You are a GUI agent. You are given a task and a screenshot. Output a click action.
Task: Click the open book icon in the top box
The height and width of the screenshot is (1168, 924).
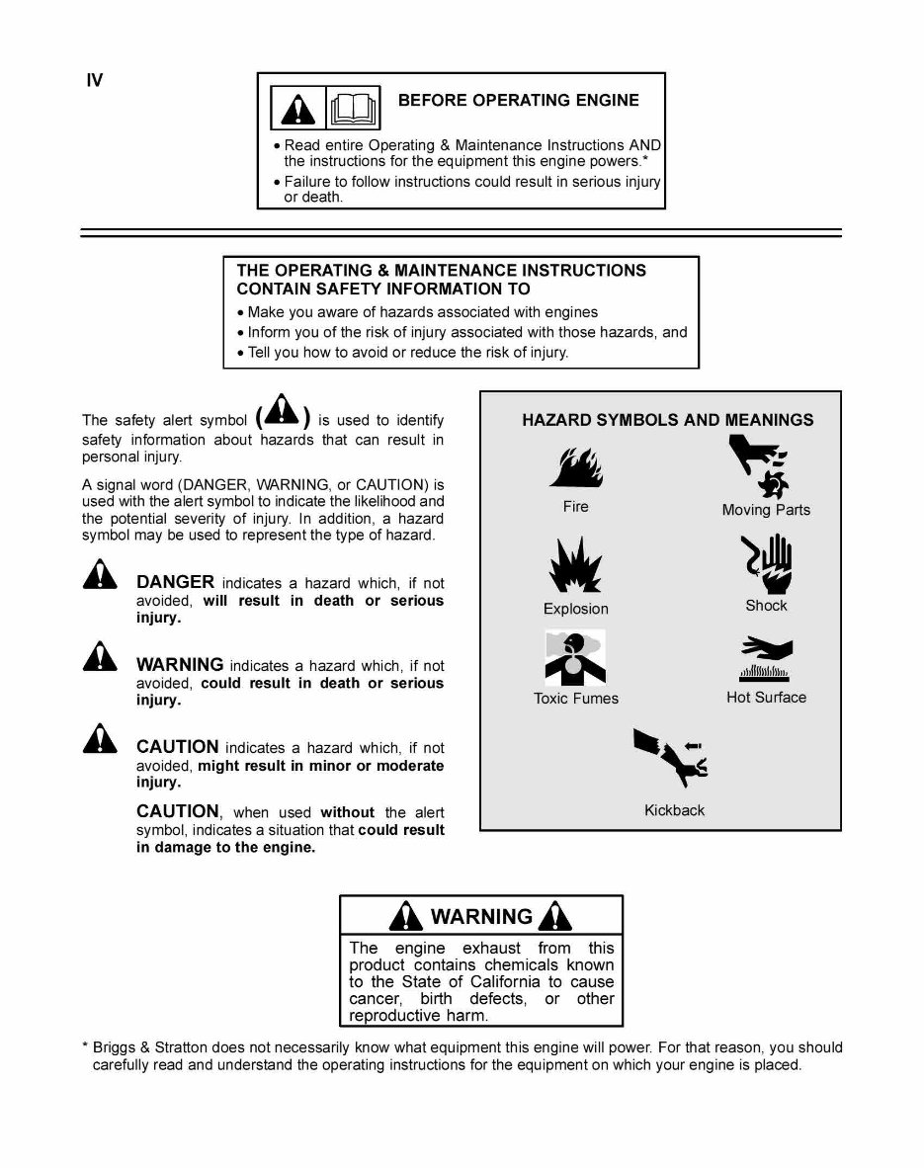point(354,106)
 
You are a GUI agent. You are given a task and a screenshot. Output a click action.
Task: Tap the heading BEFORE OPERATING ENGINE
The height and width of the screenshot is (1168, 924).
point(518,100)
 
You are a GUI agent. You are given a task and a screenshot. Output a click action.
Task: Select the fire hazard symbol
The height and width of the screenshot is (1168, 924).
point(575,467)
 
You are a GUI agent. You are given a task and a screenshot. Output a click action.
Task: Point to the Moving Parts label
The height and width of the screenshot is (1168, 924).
point(766,510)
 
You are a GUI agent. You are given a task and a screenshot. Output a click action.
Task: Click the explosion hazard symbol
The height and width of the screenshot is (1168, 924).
point(575,566)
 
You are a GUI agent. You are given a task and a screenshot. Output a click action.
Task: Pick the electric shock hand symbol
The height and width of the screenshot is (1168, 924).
point(768,563)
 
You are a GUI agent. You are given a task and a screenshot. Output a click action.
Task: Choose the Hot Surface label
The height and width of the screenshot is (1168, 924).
point(766,697)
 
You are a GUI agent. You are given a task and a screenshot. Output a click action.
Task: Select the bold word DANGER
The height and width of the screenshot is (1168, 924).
point(175,582)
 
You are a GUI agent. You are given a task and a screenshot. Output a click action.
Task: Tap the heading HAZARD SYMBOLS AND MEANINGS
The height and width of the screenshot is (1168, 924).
point(668,420)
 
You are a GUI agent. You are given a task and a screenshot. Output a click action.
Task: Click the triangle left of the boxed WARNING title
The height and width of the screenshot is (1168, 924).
point(405,916)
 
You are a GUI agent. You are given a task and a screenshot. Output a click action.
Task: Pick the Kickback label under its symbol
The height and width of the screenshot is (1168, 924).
point(674,810)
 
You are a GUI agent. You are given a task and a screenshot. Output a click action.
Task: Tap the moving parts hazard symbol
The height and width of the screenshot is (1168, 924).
point(764,466)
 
